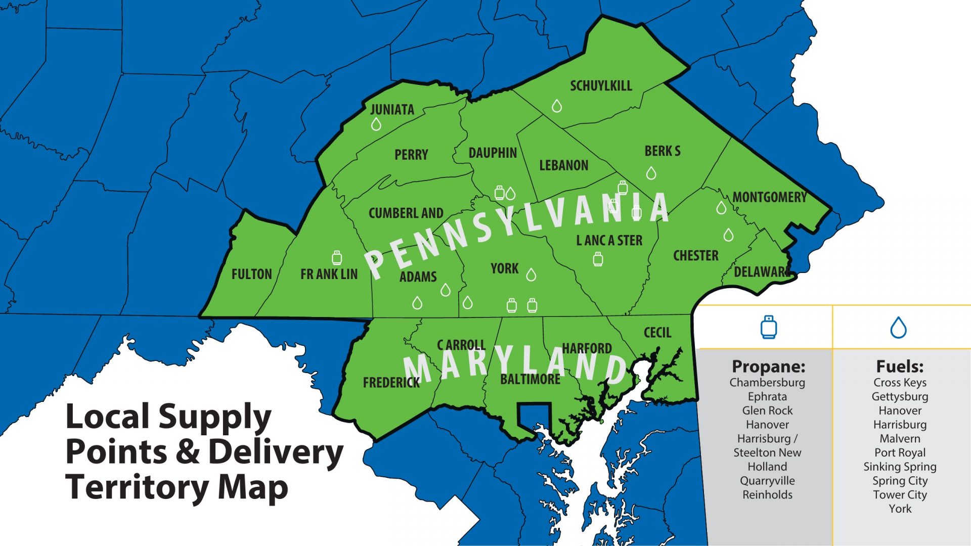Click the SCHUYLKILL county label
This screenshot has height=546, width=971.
pyautogui.click(x=601, y=86)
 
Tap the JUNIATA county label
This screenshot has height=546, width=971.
pyautogui.click(x=392, y=109)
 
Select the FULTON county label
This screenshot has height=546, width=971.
pyautogui.click(x=251, y=274)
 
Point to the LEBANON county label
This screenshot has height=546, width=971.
pyautogui.click(x=563, y=165)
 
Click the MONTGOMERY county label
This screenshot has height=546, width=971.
pyautogui.click(x=769, y=197)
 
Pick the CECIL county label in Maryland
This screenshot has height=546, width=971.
pyautogui.click(x=657, y=333)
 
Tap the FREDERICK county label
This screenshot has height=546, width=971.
pyautogui.click(x=391, y=383)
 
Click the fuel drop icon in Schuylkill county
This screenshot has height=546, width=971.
pyautogui.click(x=557, y=106)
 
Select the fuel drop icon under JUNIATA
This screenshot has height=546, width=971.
pyautogui.click(x=376, y=124)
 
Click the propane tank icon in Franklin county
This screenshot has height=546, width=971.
pyautogui.click(x=337, y=258)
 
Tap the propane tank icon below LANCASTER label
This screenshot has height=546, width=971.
pyautogui.click(x=598, y=259)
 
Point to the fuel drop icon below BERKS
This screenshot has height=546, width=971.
pyautogui.click(x=651, y=173)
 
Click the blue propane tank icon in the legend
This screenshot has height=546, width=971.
pyautogui.click(x=769, y=327)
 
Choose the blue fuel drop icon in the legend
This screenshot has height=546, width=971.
pyautogui.click(x=898, y=327)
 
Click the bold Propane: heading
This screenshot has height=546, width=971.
pyautogui.click(x=768, y=366)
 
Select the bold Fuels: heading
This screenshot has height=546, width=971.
pyautogui.click(x=900, y=366)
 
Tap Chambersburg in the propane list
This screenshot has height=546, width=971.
pyautogui.click(x=767, y=383)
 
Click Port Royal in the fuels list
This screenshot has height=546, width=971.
pyautogui.click(x=900, y=452)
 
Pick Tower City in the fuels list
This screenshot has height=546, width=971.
pyautogui.click(x=900, y=494)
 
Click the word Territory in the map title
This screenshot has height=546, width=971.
pyautogui.click(x=137, y=487)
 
